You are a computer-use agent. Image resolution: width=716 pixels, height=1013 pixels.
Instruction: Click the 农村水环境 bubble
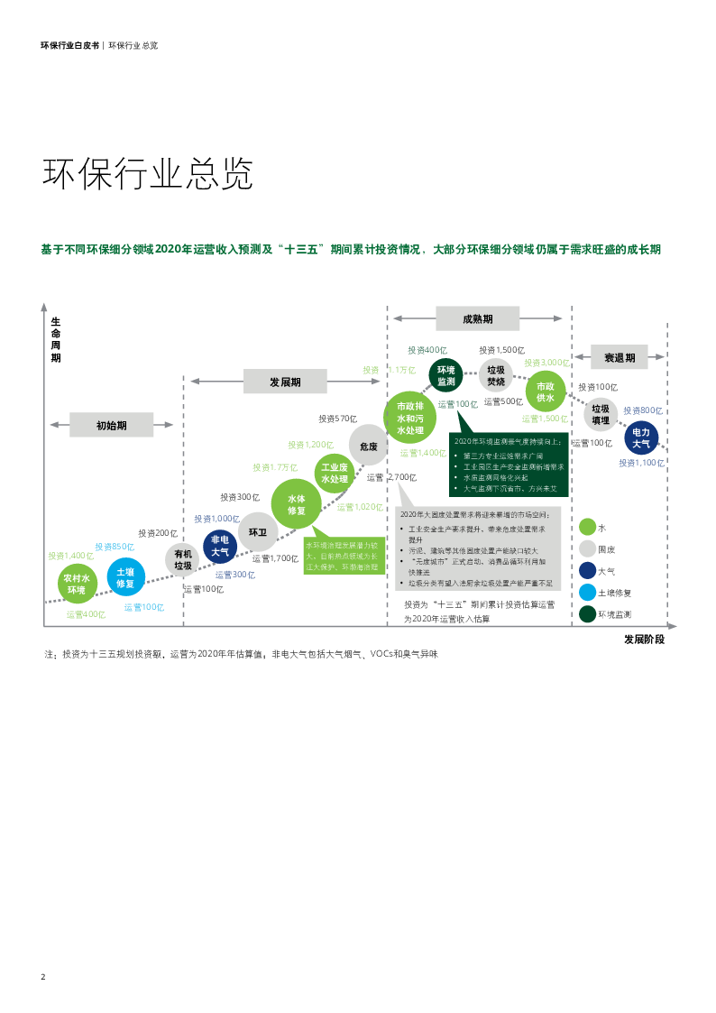point(77,584)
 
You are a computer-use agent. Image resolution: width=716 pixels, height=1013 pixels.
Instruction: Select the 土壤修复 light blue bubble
point(125,577)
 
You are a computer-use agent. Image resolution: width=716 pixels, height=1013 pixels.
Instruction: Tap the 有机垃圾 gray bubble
point(183,560)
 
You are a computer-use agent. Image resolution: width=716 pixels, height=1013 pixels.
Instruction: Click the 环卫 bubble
point(258,532)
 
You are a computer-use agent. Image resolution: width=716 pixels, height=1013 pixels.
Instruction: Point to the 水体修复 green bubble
point(297,504)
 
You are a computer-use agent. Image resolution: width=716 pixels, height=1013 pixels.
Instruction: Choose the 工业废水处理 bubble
point(335,473)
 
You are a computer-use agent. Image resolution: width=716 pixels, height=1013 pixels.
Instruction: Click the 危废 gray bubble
point(368,446)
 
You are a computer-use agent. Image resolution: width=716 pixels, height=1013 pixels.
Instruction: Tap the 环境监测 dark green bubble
point(446,375)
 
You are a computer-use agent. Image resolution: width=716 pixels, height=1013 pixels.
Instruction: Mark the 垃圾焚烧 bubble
point(496,375)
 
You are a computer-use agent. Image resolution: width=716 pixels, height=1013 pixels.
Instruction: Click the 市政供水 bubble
point(546,391)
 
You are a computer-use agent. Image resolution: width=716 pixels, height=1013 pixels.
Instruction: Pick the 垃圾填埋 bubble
point(601,415)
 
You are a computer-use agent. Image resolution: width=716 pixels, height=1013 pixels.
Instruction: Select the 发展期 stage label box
point(285,382)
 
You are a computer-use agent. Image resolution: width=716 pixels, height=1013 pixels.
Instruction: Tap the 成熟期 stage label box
point(478,318)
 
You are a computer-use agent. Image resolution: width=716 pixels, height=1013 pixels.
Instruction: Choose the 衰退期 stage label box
point(620,357)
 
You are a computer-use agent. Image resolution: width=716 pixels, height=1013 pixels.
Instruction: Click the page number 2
point(42,977)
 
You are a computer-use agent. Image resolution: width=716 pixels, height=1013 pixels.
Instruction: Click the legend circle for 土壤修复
point(587,593)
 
